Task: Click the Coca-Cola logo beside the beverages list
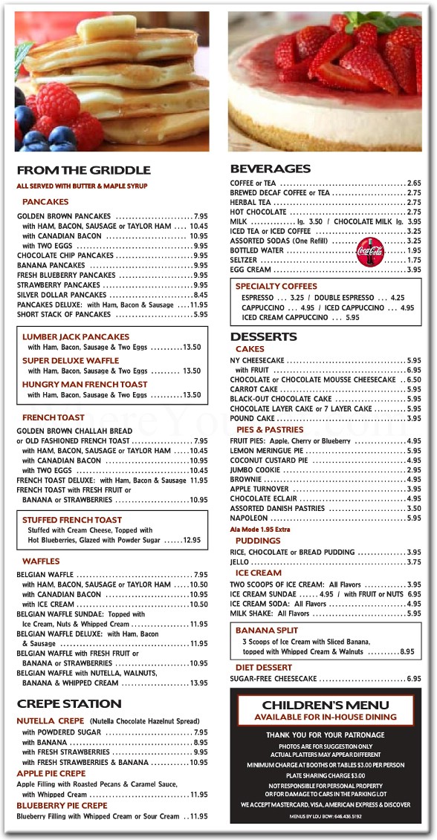(369, 251)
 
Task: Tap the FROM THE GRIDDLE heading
(83, 170)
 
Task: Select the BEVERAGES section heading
(271, 169)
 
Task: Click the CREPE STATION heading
(69, 703)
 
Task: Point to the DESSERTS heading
(263, 336)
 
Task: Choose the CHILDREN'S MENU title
(326, 705)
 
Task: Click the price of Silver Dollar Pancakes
(200, 295)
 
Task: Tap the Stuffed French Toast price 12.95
(192, 540)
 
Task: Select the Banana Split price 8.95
(407, 651)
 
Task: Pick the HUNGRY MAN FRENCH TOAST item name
(85, 384)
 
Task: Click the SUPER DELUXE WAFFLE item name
(71, 360)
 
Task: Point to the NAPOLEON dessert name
(249, 518)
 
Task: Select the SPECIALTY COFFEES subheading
(276, 286)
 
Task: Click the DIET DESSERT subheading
(264, 668)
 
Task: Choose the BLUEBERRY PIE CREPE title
(62, 805)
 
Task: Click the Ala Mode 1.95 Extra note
(261, 530)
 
